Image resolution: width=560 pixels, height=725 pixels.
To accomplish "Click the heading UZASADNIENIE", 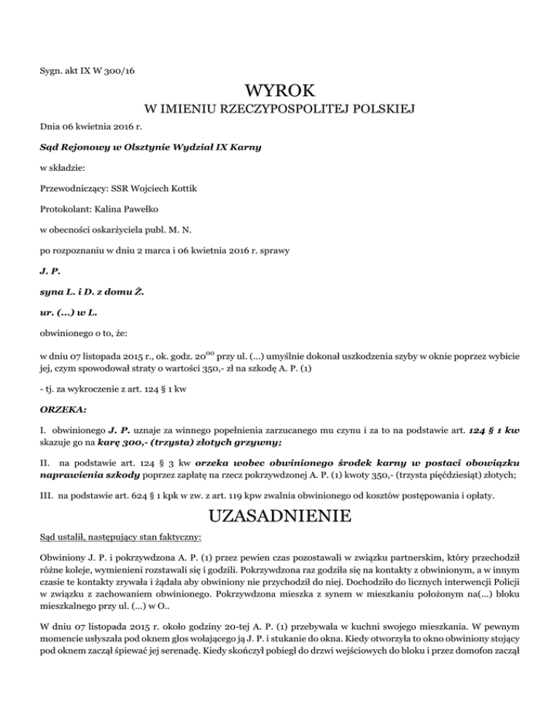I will [x=280, y=516].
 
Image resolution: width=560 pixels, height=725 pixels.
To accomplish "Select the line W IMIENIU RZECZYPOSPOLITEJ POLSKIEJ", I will [x=280, y=110].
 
